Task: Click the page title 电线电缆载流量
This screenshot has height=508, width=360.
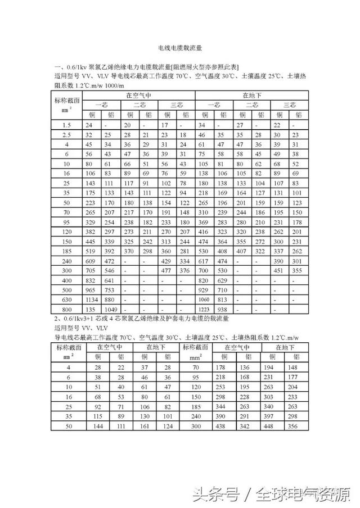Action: [180, 49]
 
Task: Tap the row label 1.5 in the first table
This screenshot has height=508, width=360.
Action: [67, 125]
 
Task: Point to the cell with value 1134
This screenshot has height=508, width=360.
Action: [91, 300]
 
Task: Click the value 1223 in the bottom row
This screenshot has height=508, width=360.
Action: [204, 310]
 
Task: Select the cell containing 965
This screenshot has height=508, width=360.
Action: [91, 289]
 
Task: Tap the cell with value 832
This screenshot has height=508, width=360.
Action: [91, 280]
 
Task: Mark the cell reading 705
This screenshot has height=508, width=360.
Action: [91, 270]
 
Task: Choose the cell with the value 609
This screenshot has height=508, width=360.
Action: [91, 261]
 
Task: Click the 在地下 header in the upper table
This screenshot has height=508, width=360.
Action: [251, 95]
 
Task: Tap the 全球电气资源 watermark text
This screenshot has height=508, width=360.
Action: [301, 495]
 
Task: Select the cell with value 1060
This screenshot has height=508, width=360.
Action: [204, 300]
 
